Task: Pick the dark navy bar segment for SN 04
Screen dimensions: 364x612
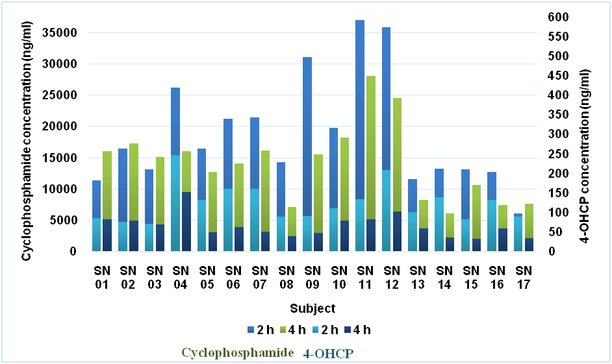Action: pyautogui.click(x=186, y=221)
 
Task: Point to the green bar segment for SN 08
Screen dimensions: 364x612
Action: pyautogui.click(x=292, y=221)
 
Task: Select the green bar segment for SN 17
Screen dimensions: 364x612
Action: pyautogui.click(x=528, y=221)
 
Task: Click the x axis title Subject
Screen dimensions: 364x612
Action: pyautogui.click(x=313, y=308)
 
